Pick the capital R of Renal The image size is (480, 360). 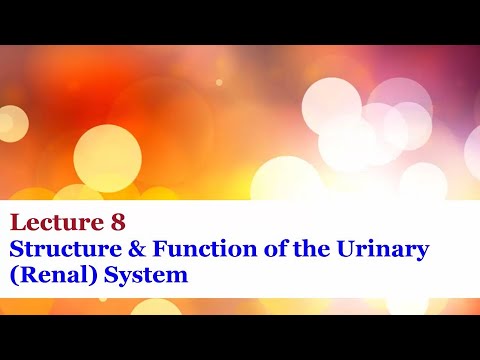pos(23,273)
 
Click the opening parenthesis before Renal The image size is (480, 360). pos(12,274)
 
